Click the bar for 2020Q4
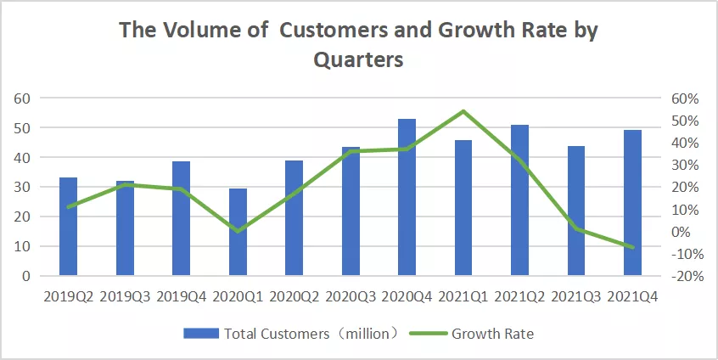407,197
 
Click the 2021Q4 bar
632,202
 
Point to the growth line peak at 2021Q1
463,111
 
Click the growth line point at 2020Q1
238,231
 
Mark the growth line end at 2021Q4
632,247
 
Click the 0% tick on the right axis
685,232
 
